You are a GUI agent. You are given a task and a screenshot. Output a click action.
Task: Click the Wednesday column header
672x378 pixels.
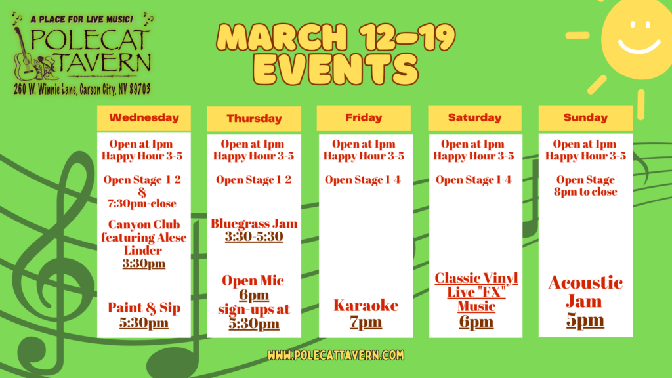(x=144, y=117)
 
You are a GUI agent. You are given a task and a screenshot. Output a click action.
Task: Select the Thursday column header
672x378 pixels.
(x=254, y=118)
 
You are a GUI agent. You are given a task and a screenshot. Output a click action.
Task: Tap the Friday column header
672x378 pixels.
(x=364, y=117)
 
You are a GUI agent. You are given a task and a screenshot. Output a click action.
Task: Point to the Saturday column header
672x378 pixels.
(x=475, y=117)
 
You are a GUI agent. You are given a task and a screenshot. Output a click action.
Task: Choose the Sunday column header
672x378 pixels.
(x=585, y=117)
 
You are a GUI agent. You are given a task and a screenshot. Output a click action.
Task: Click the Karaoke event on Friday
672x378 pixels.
(x=366, y=305)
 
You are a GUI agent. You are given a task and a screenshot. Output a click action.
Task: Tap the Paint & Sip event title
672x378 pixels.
(x=144, y=308)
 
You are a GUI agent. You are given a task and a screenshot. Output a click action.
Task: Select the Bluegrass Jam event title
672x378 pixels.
(x=254, y=223)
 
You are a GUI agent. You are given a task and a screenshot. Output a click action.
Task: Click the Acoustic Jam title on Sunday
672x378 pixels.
(x=585, y=292)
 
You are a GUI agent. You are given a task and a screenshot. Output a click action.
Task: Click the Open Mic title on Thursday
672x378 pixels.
(x=253, y=280)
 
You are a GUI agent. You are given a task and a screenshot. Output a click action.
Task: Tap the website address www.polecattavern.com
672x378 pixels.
(x=335, y=355)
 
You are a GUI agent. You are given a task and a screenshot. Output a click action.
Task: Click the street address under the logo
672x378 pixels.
(x=82, y=89)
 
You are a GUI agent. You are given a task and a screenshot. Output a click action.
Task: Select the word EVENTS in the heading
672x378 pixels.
(x=335, y=69)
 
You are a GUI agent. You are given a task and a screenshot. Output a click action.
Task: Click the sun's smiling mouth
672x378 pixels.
(x=639, y=47)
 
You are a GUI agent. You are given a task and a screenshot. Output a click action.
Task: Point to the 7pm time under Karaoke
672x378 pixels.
(x=366, y=322)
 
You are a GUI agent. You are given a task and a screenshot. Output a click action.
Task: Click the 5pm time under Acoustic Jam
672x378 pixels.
(x=585, y=320)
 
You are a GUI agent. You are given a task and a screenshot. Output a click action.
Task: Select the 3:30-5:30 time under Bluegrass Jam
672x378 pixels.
(x=254, y=236)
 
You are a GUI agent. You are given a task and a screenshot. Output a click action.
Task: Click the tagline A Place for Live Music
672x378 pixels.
(x=82, y=19)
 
